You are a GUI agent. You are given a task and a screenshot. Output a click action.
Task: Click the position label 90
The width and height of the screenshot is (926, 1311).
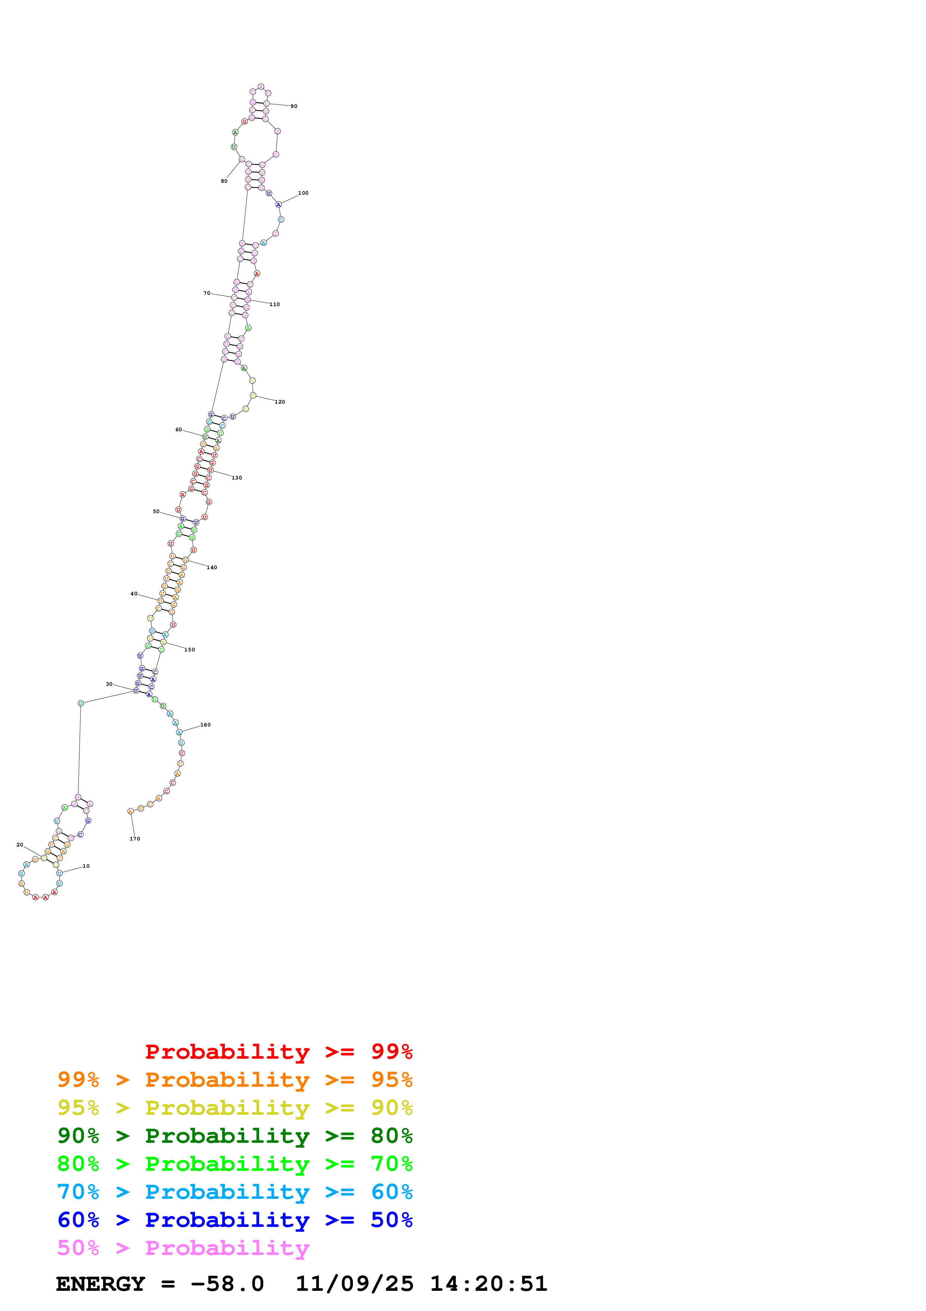coord(294,106)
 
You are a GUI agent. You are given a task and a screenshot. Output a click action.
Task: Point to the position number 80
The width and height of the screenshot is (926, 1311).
coord(224,181)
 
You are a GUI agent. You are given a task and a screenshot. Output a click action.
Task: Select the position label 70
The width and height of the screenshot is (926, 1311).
coord(207,293)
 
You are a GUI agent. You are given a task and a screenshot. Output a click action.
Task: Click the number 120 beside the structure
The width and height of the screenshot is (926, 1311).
coord(279,402)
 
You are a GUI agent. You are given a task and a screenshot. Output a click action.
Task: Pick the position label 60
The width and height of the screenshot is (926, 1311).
coord(179,429)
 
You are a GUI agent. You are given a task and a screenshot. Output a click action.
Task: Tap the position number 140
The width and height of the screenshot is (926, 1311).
coord(212,568)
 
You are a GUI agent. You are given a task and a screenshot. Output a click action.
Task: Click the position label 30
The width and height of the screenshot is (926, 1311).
coord(109,684)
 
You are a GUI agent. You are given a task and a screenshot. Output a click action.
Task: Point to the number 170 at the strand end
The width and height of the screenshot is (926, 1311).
coord(134,839)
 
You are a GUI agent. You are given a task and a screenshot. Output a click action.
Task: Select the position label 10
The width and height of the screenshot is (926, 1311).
coord(86,866)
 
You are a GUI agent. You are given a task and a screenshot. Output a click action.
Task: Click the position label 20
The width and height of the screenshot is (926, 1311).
coord(20,845)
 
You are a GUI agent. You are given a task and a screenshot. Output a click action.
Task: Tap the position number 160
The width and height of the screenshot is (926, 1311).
coord(205,725)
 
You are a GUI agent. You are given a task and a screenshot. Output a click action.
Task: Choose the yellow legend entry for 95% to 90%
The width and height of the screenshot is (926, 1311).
coord(235,1108)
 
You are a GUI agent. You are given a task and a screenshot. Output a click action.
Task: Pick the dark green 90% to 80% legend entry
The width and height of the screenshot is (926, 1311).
coord(235,1136)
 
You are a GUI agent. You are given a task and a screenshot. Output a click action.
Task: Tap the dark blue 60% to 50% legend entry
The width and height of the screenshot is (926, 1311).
coord(235,1220)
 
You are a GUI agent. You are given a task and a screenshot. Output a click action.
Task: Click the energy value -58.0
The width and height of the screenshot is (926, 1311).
coord(227,1284)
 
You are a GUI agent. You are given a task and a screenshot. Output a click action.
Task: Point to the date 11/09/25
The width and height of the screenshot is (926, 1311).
coord(354,1284)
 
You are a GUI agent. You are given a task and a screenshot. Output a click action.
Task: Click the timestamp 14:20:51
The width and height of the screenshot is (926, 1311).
coord(488,1284)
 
